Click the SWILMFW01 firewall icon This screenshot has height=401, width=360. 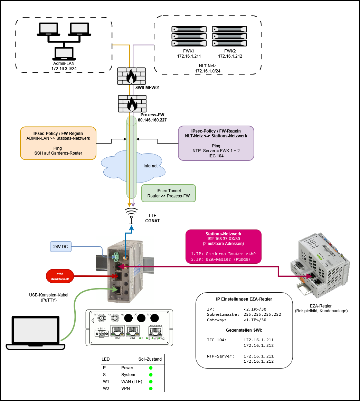point(131,76)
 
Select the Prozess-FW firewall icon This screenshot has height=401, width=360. point(132,104)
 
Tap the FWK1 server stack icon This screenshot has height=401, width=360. point(189,36)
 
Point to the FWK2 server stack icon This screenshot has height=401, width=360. point(230,36)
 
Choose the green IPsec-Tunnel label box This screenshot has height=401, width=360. point(168,193)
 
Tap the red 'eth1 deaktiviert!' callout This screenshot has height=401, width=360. point(60,276)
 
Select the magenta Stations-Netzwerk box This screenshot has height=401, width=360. point(223,246)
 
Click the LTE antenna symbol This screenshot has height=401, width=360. point(131,216)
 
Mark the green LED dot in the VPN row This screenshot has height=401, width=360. point(151,389)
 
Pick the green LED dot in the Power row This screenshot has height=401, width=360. point(151,368)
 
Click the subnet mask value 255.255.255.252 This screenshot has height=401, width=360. point(262,314)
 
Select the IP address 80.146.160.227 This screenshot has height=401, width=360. point(152,120)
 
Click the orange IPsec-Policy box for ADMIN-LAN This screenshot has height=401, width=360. point(58,143)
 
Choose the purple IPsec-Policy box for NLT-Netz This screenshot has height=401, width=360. point(216,143)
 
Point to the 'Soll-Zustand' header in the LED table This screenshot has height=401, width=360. point(150,359)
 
